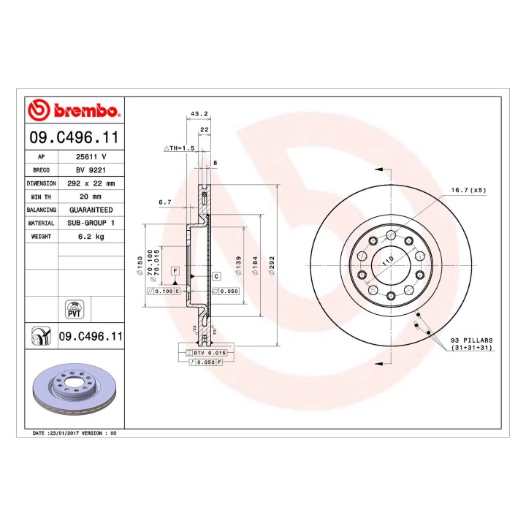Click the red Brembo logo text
(86, 110)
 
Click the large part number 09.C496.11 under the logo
(74, 137)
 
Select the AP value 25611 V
(91, 156)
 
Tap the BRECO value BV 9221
(91, 170)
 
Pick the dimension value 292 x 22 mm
(91, 183)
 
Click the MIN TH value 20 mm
(91, 197)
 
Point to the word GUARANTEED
(91, 210)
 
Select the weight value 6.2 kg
(91, 237)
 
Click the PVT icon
(74, 310)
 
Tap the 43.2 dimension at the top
(199, 114)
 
